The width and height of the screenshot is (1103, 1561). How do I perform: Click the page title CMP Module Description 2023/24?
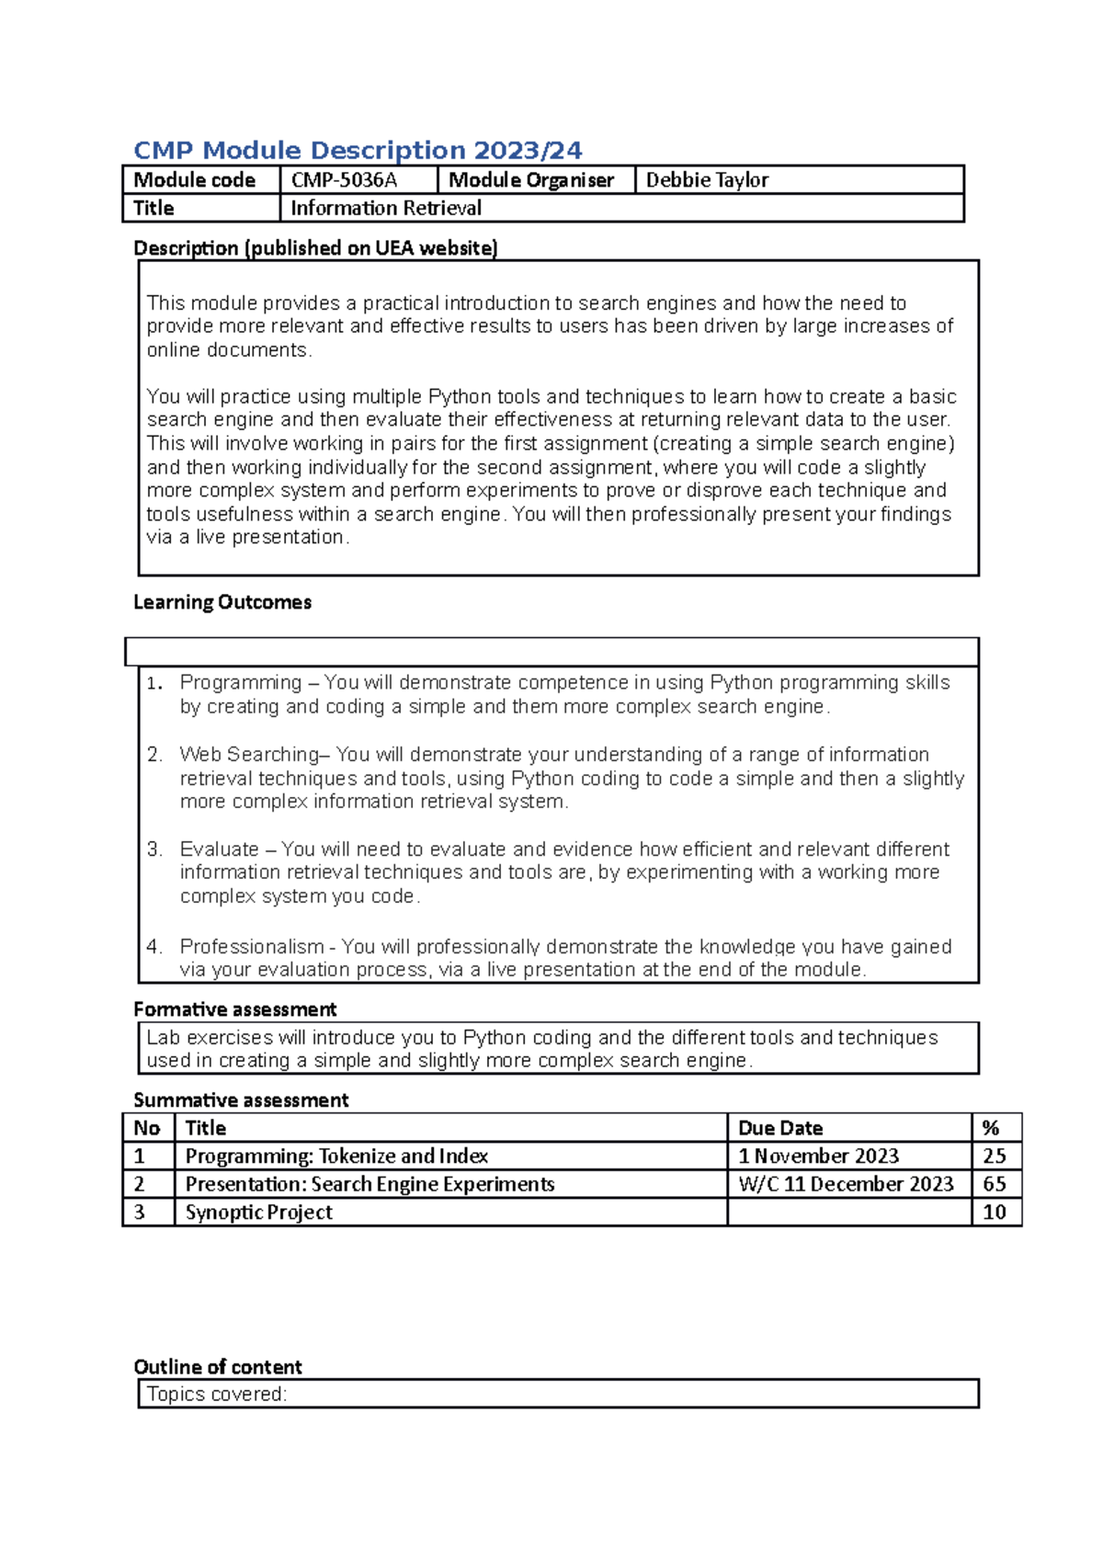pyautogui.click(x=358, y=150)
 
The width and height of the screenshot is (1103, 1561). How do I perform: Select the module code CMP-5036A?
pyautogui.click(x=344, y=180)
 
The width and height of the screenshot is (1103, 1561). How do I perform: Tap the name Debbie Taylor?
pyautogui.click(x=707, y=180)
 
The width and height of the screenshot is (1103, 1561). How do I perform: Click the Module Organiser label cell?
pyautogui.click(x=531, y=180)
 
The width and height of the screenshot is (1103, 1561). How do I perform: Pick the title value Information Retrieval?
pyautogui.click(x=386, y=209)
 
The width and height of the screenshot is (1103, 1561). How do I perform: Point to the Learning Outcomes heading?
pyautogui.click(x=222, y=602)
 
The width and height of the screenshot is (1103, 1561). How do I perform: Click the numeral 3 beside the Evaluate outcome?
pyautogui.click(x=154, y=849)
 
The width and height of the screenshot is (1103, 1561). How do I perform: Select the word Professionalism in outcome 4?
pyautogui.click(x=251, y=946)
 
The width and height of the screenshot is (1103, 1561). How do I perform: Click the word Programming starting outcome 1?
pyautogui.click(x=241, y=682)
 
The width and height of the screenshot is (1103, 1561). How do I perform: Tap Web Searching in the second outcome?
pyautogui.click(x=248, y=755)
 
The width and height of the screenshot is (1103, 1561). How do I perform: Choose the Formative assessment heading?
pyautogui.click(x=235, y=1009)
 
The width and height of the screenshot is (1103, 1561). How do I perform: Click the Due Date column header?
pyautogui.click(x=780, y=1128)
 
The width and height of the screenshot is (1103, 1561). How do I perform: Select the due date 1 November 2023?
pyautogui.click(x=818, y=1156)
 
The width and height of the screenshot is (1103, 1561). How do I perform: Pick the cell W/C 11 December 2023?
pyautogui.click(x=846, y=1184)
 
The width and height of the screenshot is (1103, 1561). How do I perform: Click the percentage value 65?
pyautogui.click(x=995, y=1184)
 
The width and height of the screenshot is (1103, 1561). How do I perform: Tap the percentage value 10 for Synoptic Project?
pyautogui.click(x=995, y=1212)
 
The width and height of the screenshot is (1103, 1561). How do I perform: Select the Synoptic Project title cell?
pyautogui.click(x=259, y=1213)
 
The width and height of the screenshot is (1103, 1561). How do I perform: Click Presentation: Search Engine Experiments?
pyautogui.click(x=370, y=1184)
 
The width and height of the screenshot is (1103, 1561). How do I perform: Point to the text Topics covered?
pyautogui.click(x=217, y=1394)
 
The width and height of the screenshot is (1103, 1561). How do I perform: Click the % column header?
pyautogui.click(x=991, y=1128)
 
